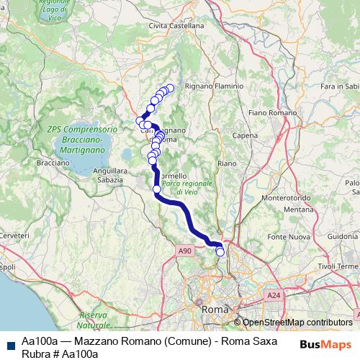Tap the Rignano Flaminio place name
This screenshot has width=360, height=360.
click(x=215, y=86)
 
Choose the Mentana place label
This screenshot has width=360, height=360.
click(x=296, y=210)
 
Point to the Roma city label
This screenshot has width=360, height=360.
click(x=215, y=309)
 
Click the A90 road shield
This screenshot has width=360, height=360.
click(x=186, y=251)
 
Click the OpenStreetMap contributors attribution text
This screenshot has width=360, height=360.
click(x=297, y=323)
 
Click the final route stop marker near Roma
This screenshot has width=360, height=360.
click(x=220, y=252)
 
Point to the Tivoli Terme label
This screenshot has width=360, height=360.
click(x=333, y=266)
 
